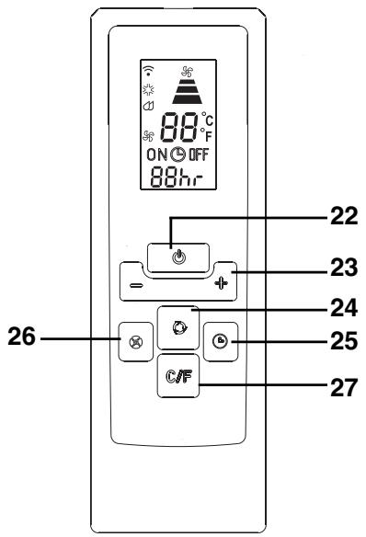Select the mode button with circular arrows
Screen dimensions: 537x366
[x=177, y=323]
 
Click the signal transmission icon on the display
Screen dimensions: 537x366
[x=147, y=70]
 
